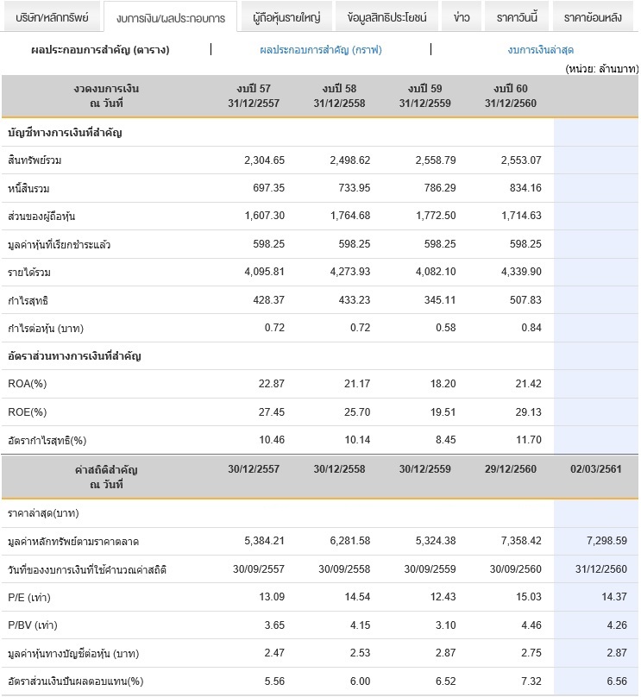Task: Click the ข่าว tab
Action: click(x=462, y=17)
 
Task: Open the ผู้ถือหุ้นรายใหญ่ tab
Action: click(x=286, y=17)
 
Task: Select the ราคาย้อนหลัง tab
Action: click(x=593, y=17)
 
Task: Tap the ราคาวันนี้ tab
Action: click(x=517, y=17)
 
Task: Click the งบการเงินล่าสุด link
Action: click(x=541, y=50)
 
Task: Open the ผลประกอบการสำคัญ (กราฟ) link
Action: click(x=321, y=50)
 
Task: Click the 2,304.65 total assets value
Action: click(x=264, y=160)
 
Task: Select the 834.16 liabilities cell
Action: click(x=525, y=188)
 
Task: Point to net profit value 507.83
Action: click(x=525, y=300)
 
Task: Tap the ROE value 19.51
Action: click(x=443, y=412)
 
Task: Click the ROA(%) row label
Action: click(x=27, y=384)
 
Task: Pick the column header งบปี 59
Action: click(x=425, y=89)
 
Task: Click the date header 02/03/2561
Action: click(x=595, y=469)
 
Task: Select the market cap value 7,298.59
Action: click(x=606, y=541)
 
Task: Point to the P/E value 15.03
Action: click(x=529, y=597)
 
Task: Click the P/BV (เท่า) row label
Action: click(x=33, y=625)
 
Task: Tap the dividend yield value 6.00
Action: click(x=360, y=681)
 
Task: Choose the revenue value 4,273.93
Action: click(x=350, y=272)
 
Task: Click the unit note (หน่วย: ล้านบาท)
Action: click(x=602, y=68)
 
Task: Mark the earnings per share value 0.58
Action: click(x=445, y=328)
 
